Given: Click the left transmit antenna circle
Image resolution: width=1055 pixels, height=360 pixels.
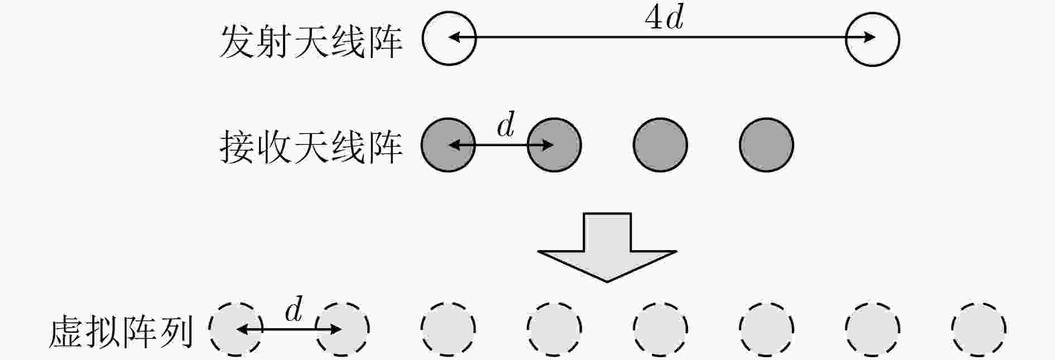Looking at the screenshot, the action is click(423, 39).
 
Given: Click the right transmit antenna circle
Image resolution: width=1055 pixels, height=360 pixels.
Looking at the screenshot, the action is click(899, 39).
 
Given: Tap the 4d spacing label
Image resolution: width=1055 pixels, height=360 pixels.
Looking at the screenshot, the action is click(664, 19).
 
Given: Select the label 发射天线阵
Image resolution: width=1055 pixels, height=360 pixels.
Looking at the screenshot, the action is click(311, 41).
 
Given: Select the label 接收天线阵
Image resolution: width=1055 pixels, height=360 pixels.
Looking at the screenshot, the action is click(311, 147).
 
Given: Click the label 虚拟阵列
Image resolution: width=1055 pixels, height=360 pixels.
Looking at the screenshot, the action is click(121, 332).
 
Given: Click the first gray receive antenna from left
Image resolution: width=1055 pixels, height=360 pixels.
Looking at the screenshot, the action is click(448, 145).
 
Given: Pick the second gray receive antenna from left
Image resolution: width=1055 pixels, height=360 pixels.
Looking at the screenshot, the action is click(554, 145).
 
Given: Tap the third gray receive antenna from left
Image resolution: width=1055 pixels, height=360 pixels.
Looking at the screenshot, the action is click(660, 145).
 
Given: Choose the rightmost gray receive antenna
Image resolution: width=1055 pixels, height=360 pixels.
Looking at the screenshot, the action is click(766, 145).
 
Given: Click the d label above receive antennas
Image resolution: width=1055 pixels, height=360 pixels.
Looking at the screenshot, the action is click(506, 125).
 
